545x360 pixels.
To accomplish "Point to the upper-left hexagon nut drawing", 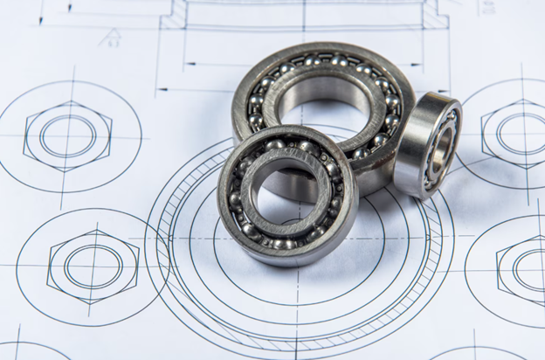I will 67,135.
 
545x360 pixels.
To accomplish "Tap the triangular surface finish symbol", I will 111,37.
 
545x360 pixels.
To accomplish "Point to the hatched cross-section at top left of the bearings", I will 176,12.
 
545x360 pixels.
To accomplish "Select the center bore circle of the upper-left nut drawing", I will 67,135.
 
